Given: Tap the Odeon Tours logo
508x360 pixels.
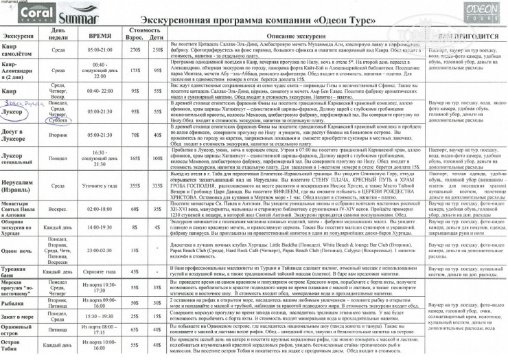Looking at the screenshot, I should [x=475, y=12].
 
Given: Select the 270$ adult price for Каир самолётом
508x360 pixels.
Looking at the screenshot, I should [x=135, y=49].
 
